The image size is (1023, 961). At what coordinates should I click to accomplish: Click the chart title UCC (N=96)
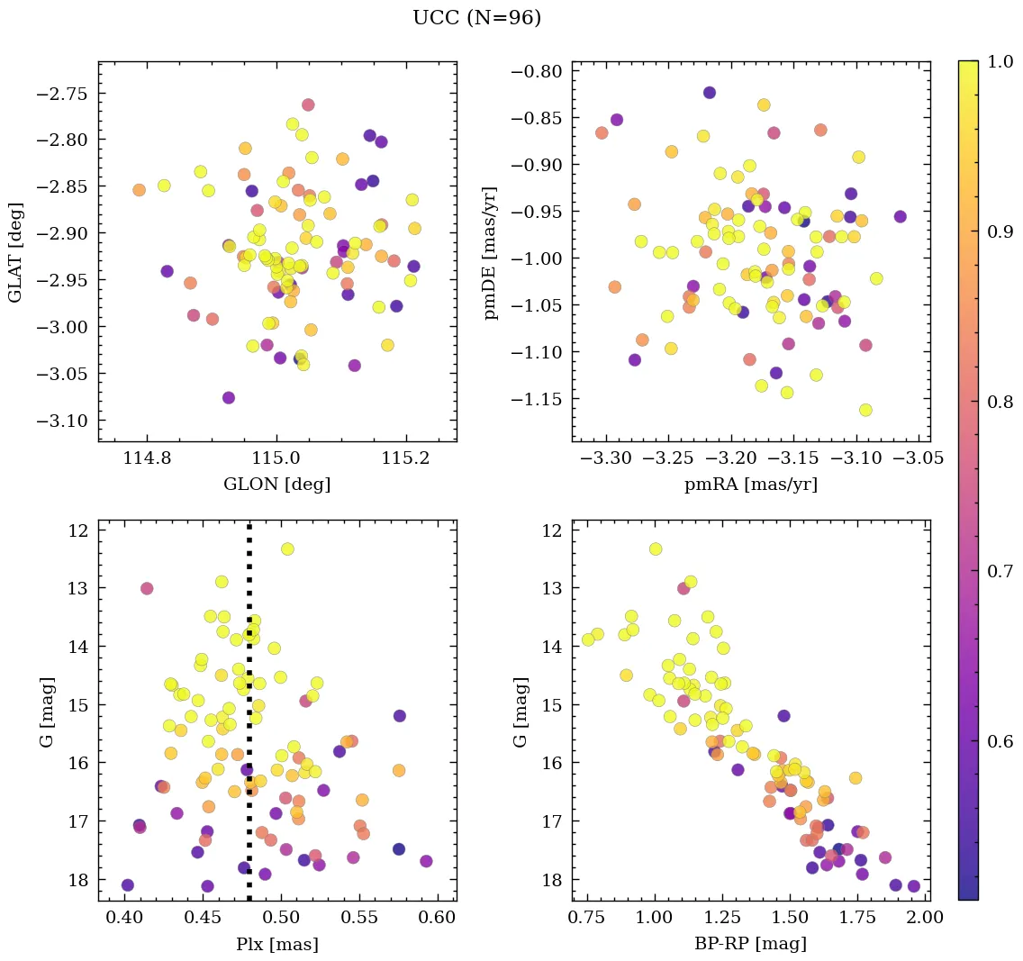point(476,18)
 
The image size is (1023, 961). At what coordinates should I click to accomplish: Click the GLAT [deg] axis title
point(15,251)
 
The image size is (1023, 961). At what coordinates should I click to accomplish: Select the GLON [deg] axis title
point(276,485)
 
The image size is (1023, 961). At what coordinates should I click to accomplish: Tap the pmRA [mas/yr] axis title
point(751,485)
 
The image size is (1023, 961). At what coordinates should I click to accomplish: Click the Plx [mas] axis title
point(276,944)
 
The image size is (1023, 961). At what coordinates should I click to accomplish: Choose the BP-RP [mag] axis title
point(751,944)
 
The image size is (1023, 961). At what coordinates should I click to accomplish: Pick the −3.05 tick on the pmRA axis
point(919,458)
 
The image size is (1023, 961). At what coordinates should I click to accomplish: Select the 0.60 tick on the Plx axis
point(439,918)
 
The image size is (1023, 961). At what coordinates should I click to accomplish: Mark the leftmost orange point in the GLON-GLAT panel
point(139,190)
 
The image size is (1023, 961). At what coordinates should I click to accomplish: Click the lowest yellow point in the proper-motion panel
point(865,410)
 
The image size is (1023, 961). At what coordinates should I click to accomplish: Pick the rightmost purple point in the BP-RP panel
point(914,886)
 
